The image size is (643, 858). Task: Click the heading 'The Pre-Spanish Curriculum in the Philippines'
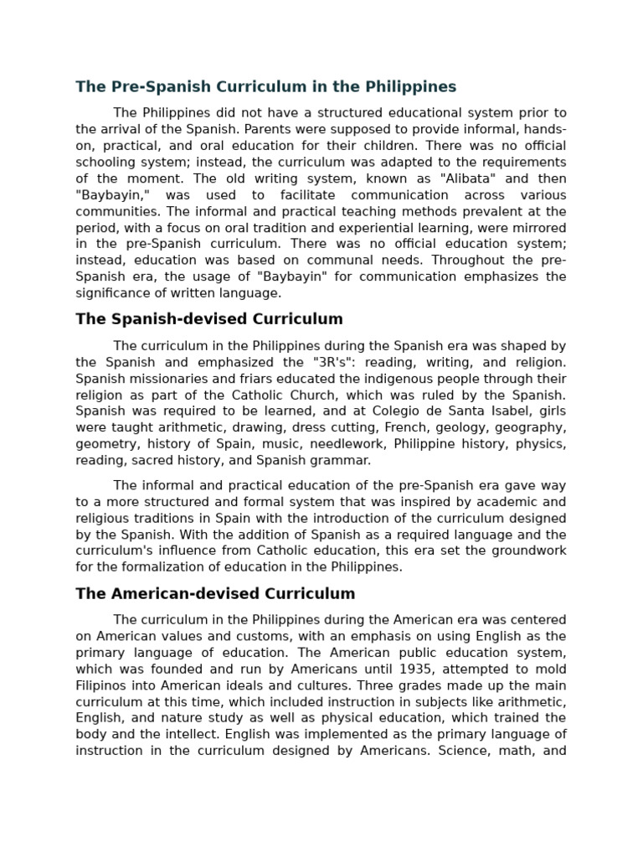266,87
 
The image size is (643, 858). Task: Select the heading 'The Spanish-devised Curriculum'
209,319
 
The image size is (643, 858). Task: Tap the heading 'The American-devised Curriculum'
215,594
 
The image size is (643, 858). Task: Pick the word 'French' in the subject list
405,428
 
